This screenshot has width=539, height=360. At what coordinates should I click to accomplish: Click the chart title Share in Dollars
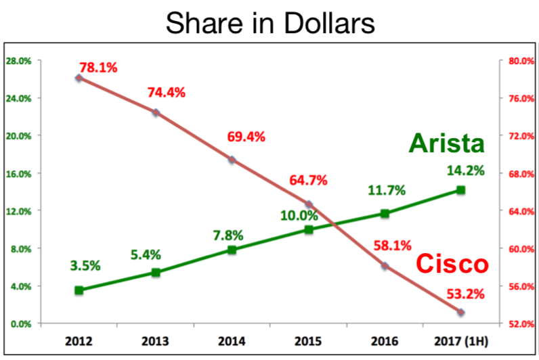point(269,24)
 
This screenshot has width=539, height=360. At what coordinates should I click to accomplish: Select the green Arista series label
point(447,143)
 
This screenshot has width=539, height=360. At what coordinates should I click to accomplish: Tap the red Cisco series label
point(452,264)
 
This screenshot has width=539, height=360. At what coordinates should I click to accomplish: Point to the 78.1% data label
point(98,68)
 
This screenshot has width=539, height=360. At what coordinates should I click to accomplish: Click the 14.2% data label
point(465,171)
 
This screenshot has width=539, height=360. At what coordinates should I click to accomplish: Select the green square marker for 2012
point(79,290)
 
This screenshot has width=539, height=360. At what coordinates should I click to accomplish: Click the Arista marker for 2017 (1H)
point(460,190)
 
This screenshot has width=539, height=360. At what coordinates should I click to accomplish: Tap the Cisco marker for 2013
point(156,112)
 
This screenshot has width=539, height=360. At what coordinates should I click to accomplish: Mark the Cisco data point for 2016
point(385,266)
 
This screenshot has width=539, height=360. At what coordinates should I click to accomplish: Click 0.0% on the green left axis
point(20,323)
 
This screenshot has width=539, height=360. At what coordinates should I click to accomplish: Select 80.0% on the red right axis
point(517,61)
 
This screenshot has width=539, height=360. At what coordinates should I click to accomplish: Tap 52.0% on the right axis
point(517,323)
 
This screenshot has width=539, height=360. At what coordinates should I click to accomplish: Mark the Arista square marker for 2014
point(232,250)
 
